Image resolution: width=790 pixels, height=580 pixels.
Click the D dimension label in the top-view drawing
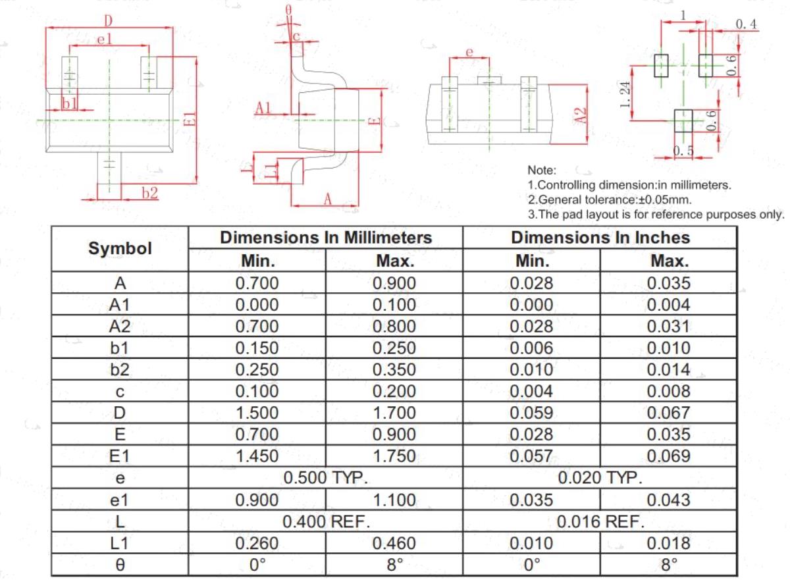click(x=108, y=21)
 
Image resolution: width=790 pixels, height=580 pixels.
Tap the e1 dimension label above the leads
click(x=105, y=39)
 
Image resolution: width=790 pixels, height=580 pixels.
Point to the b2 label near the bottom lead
click(x=150, y=193)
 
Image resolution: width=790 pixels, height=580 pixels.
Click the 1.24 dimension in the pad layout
click(x=625, y=95)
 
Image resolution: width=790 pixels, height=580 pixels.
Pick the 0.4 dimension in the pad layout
click(x=746, y=24)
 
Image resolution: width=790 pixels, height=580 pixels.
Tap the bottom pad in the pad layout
click(x=683, y=121)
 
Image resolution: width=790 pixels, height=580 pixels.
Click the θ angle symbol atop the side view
click(x=288, y=10)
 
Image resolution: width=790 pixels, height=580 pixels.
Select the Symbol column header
click(x=120, y=248)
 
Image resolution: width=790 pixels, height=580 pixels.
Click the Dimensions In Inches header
click(x=600, y=237)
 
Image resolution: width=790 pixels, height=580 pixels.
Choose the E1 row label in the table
click(x=120, y=456)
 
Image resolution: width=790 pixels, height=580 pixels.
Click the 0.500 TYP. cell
click(x=325, y=478)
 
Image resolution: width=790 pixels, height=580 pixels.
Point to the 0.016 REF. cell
click(x=600, y=521)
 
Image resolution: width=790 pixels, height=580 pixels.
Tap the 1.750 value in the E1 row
click(x=394, y=456)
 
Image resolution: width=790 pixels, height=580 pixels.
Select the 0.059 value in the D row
click(x=531, y=413)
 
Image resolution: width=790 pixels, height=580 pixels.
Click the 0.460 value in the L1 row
click(x=394, y=543)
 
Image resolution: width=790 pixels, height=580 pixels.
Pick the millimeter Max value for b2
click(x=394, y=369)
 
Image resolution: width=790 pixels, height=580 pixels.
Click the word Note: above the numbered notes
click(x=542, y=171)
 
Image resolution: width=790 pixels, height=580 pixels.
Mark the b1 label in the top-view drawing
click(x=70, y=103)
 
